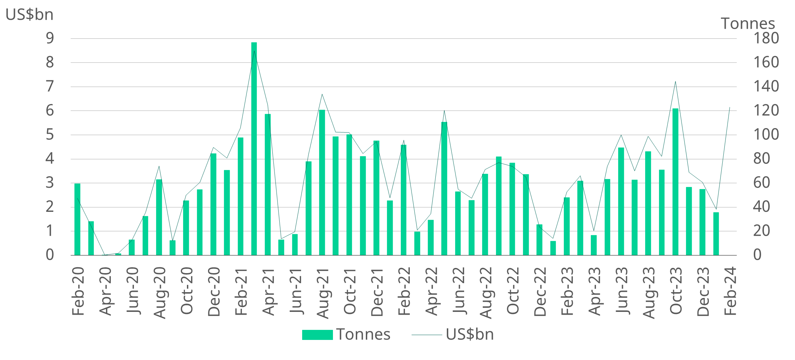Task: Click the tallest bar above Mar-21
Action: (x=254, y=149)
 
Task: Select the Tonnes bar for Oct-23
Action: (x=675, y=182)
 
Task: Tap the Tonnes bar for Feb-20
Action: (x=78, y=219)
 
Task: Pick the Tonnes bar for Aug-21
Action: (x=322, y=182)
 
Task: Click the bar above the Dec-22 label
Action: (x=539, y=240)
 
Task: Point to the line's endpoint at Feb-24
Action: (x=730, y=107)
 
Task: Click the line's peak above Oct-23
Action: (x=675, y=82)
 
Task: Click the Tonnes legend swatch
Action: (x=317, y=335)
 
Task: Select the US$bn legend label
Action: (x=470, y=334)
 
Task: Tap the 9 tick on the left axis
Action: (x=50, y=38)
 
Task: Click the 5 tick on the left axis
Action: (x=50, y=135)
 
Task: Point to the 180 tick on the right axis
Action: (x=766, y=38)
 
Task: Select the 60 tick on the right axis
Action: (x=761, y=183)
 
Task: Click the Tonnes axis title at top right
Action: (x=748, y=24)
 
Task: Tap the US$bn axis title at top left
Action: (x=29, y=15)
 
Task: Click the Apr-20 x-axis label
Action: (x=105, y=291)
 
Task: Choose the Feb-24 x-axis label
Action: (x=730, y=291)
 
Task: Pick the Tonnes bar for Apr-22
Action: (x=431, y=237)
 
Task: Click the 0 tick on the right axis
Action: (x=757, y=255)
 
